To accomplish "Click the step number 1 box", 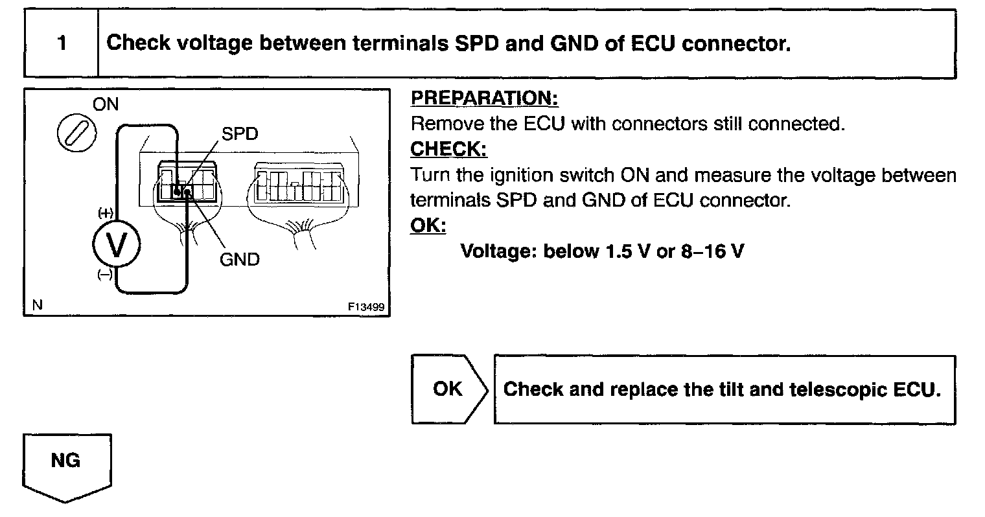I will [61, 44].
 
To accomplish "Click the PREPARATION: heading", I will [484, 98].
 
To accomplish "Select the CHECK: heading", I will [448, 149].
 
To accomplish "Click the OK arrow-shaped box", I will [448, 389].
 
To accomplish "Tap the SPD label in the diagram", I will [240, 134].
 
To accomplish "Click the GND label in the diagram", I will [240, 260].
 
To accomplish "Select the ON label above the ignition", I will [106, 105].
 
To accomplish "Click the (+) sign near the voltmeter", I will [105, 213].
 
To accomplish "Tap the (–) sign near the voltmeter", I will [104, 275].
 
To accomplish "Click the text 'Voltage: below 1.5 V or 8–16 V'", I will [601, 251].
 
